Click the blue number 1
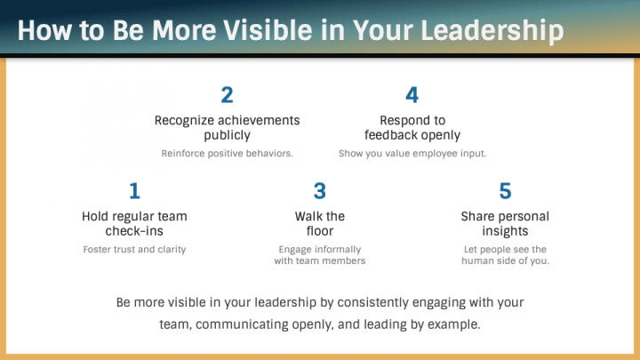[135, 190]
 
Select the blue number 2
[227, 95]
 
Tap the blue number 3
[320, 190]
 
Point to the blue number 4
[412, 95]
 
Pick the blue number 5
[505, 190]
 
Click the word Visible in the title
[268, 30]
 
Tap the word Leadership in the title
[492, 31]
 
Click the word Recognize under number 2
[185, 120]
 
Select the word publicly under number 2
[227, 135]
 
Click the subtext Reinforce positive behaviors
[227, 154]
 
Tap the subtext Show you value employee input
[412, 154]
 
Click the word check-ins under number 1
[134, 231]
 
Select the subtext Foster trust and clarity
[134, 250]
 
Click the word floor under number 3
[320, 231]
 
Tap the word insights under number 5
[505, 231]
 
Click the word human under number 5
[476, 260]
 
